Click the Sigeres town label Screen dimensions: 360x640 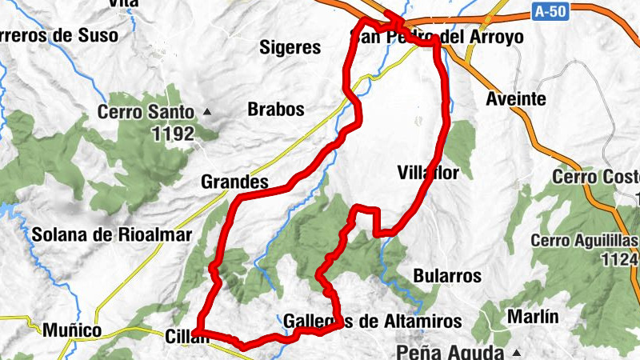pos(290,48)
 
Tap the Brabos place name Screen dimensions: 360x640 pos(276,109)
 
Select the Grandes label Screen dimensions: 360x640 pos(234,182)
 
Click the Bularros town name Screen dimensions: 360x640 pos(447,276)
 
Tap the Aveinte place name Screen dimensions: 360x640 pos(516,100)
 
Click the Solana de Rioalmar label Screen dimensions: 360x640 pos(112,235)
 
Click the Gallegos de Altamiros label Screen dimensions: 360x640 pos(373,322)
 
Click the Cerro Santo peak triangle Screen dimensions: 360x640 pos(207,111)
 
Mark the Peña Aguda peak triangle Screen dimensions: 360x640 pos(516,352)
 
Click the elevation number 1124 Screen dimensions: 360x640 pos(621,259)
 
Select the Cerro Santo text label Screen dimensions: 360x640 pos(146,113)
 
